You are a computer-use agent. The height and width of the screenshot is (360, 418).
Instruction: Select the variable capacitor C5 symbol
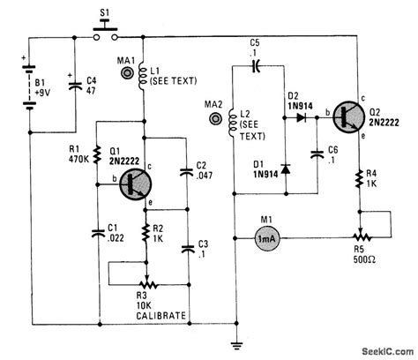click(257, 64)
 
